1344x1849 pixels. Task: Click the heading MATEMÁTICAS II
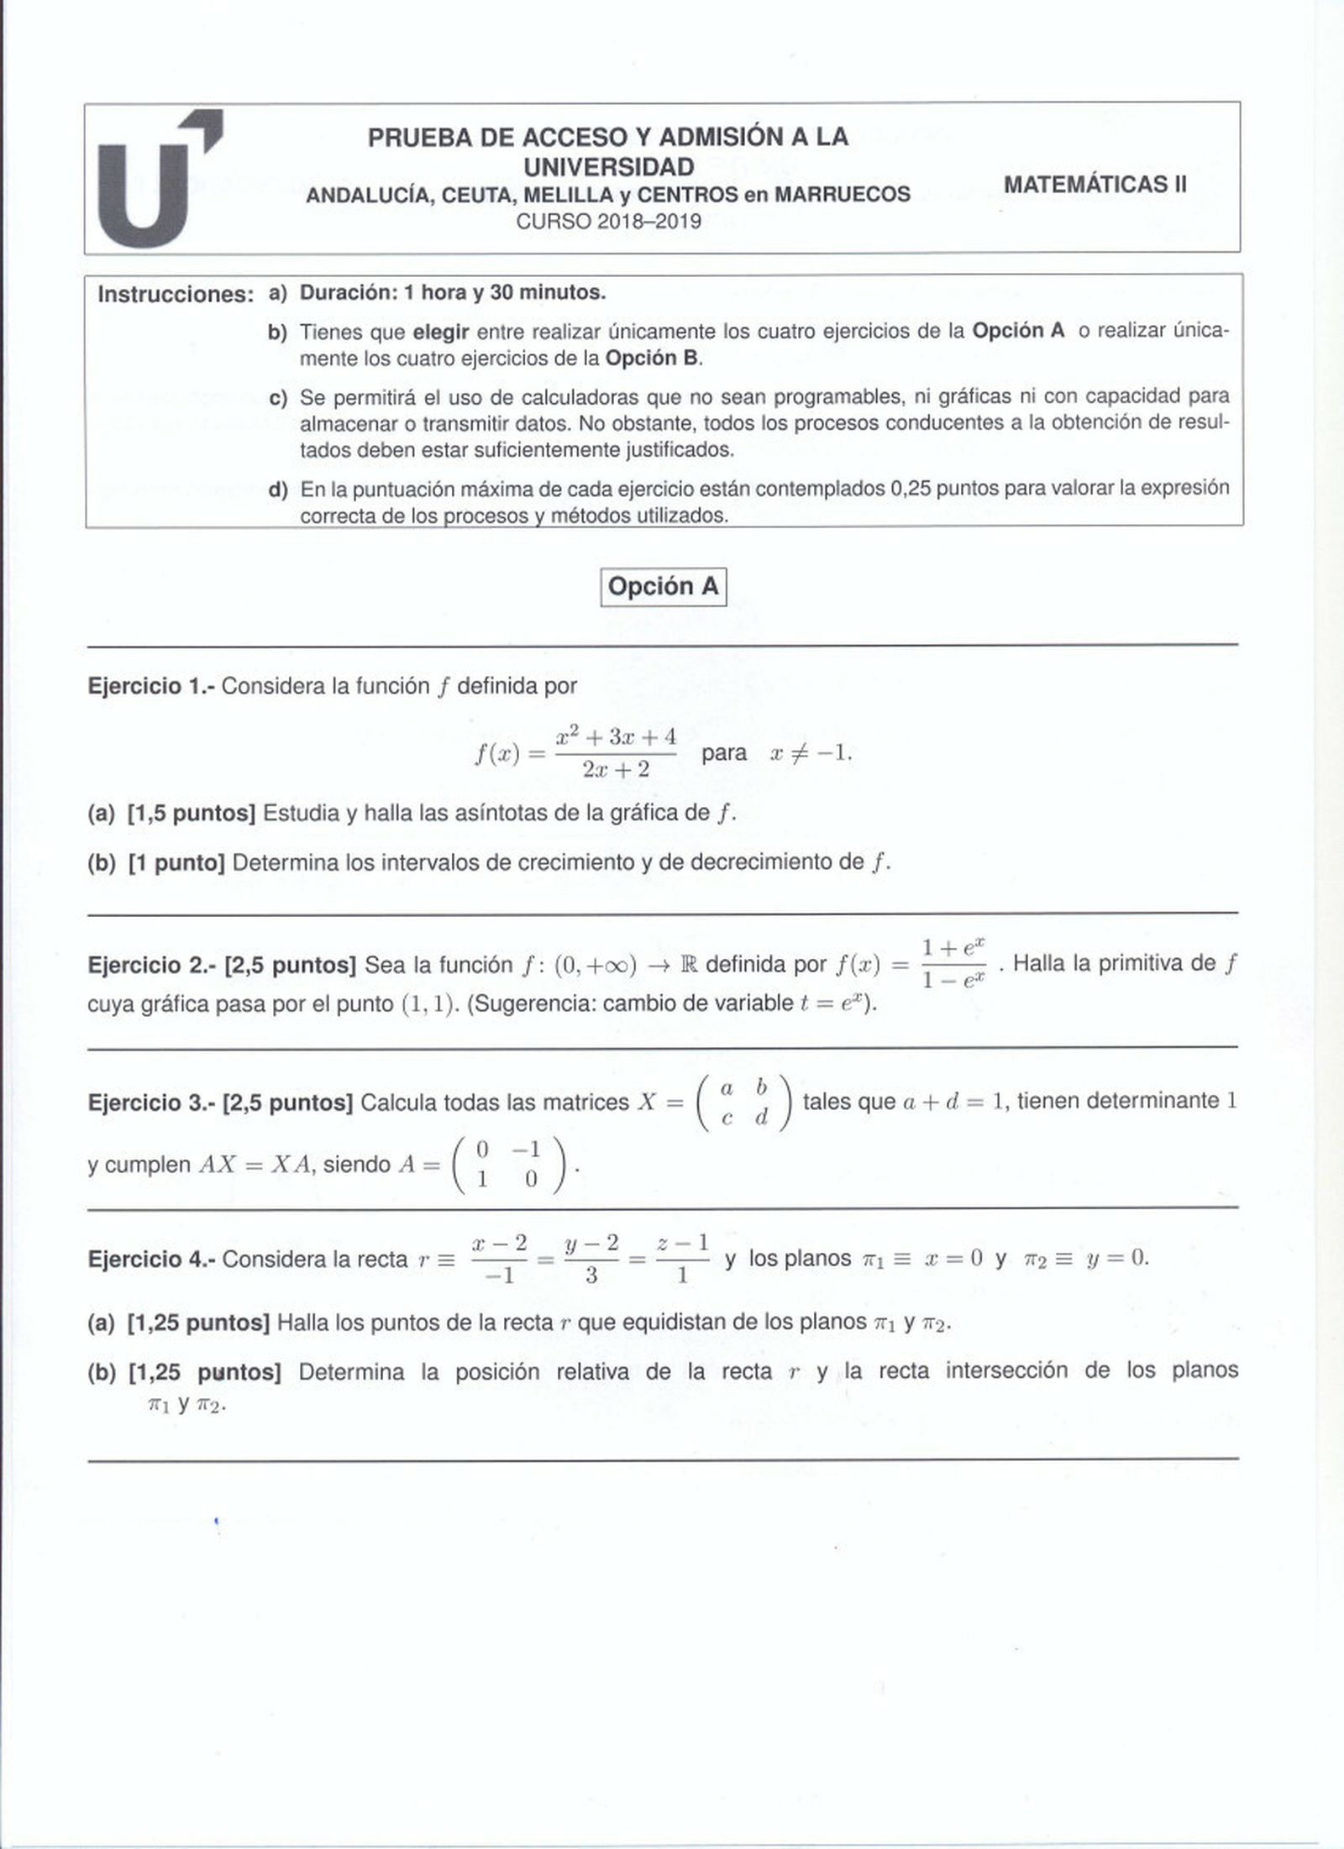(x=1095, y=184)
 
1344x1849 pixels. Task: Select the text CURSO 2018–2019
(x=608, y=223)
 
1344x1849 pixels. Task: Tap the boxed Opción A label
(x=663, y=587)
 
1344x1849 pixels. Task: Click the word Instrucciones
(x=176, y=295)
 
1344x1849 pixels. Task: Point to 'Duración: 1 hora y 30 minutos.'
(x=453, y=292)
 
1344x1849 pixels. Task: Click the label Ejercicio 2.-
(x=152, y=965)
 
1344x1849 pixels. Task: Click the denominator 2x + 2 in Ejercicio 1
(x=616, y=769)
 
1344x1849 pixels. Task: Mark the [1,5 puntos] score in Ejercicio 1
(x=192, y=813)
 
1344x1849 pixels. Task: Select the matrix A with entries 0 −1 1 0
(x=508, y=1164)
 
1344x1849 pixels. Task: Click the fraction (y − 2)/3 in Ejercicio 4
(x=591, y=1259)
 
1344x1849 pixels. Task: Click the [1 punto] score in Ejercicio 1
(x=176, y=862)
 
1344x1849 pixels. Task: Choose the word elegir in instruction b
(x=441, y=332)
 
